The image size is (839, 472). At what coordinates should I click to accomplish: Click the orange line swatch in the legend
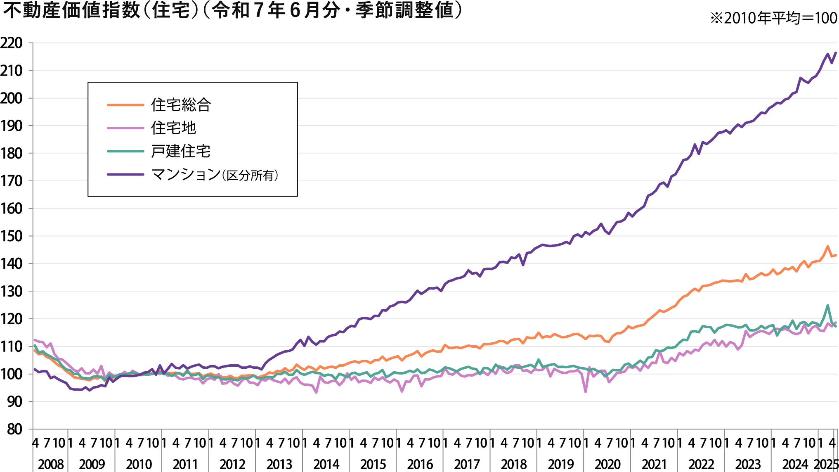pyautogui.click(x=125, y=105)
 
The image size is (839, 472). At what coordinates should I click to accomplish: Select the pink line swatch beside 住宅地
pyautogui.click(x=125, y=128)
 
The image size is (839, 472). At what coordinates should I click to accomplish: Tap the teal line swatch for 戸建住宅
pyautogui.click(x=125, y=151)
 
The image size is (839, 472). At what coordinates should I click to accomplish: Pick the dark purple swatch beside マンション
pyautogui.click(x=125, y=174)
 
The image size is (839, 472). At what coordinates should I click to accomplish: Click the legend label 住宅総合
pyautogui.click(x=181, y=105)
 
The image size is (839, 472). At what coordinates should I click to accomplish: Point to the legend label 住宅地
pyautogui.click(x=173, y=128)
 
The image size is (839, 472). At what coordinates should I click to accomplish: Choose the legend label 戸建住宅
pyautogui.click(x=181, y=151)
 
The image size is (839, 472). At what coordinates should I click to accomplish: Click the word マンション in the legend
pyautogui.click(x=186, y=174)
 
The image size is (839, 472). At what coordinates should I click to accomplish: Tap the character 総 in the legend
pyautogui.click(x=189, y=105)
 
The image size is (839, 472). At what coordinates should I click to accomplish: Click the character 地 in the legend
pyautogui.click(x=189, y=128)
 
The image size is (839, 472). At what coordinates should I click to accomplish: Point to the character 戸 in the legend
pyautogui.click(x=158, y=151)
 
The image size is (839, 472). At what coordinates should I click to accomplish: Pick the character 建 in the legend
pyautogui.click(x=173, y=151)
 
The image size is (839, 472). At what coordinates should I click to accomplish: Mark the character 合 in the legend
pyautogui.click(x=204, y=105)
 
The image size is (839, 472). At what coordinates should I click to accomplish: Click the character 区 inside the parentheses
pyautogui.click(x=232, y=176)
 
